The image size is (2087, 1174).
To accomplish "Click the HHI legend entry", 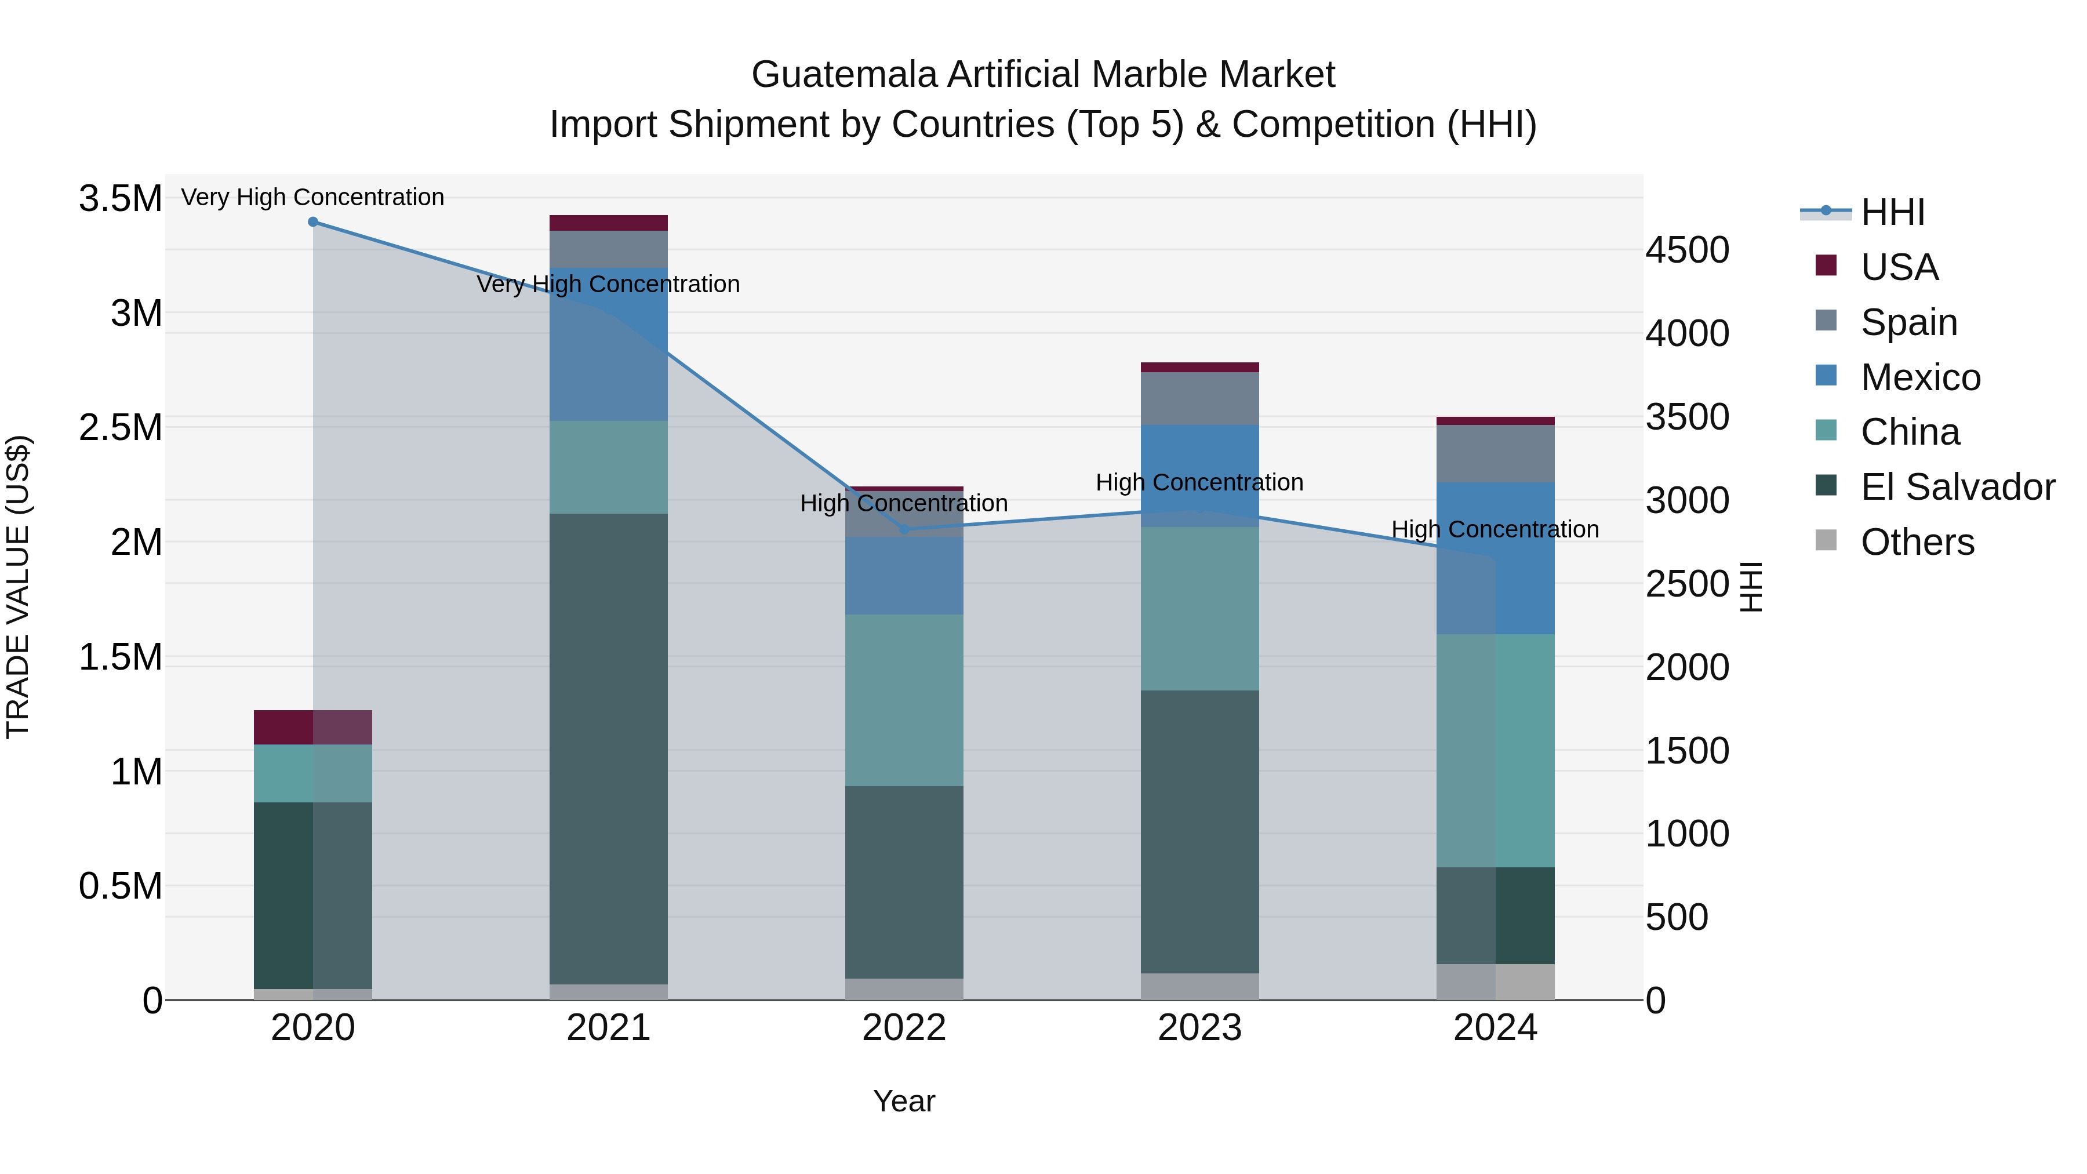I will coord(1892,212).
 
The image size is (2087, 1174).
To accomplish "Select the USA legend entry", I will coord(1898,267).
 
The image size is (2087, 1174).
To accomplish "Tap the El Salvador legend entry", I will coord(1957,487).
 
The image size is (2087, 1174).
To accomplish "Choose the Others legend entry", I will coord(1917,542).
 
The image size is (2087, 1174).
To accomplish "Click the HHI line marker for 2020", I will coord(312,222).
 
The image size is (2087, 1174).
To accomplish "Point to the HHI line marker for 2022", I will coord(905,530).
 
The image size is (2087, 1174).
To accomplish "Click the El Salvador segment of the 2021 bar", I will coord(609,748).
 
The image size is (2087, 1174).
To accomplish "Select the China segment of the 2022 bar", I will coord(904,700).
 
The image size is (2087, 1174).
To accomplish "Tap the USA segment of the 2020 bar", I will coord(312,727).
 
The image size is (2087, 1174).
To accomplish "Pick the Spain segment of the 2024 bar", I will coord(1496,454).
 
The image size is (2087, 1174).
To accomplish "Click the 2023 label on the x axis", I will coord(1200,1028).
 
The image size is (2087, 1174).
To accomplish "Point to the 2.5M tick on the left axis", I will coord(120,428).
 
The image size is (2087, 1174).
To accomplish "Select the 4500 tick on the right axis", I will coord(1687,250).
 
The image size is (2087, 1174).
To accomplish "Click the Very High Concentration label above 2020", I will coord(312,197).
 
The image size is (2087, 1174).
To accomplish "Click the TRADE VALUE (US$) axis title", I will coord(18,587).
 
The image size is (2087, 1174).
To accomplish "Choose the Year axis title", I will coord(904,1101).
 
